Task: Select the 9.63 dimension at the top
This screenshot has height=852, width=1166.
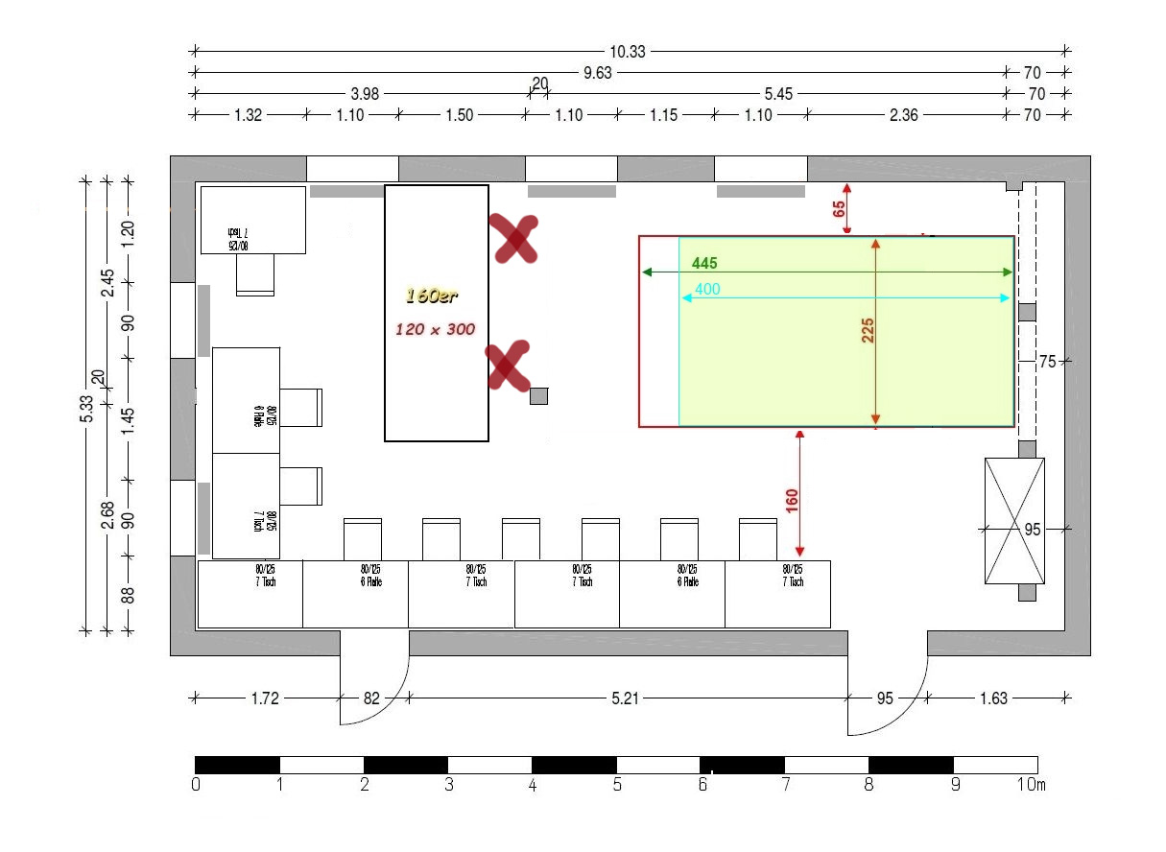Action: (598, 73)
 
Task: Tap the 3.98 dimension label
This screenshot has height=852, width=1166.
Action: (362, 94)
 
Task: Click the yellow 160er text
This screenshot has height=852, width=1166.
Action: (431, 296)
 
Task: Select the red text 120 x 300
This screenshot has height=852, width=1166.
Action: (436, 329)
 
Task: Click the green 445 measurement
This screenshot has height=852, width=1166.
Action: (704, 263)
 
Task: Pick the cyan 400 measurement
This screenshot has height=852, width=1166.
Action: (707, 289)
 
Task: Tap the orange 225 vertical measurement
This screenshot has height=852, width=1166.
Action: (869, 330)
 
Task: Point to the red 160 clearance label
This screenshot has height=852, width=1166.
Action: (792, 501)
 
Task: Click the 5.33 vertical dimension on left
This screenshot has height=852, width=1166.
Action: (86, 409)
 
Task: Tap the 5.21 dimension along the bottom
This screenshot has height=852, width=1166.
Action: (625, 698)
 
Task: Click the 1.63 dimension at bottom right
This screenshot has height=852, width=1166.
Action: (993, 698)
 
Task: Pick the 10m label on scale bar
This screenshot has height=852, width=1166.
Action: (1032, 786)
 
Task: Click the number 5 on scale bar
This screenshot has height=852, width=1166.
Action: (616, 786)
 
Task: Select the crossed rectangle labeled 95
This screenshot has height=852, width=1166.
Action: (1014, 521)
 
